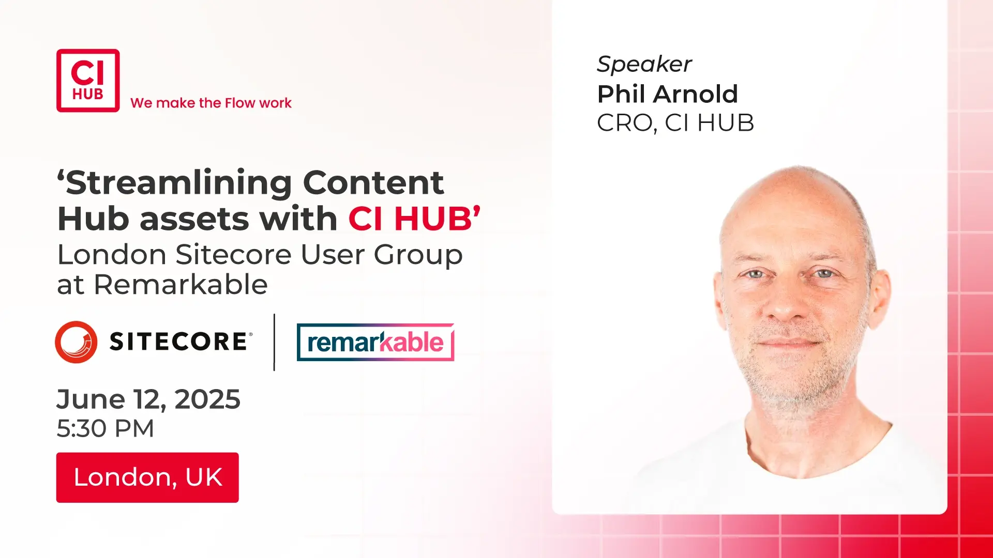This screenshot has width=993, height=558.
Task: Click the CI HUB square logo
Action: coord(88,81)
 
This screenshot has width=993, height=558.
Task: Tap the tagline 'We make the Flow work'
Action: coord(211,103)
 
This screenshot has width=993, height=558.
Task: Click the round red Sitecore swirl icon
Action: coord(76,342)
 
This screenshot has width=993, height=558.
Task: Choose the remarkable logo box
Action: coord(375,342)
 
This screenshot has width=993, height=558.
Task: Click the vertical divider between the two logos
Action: coord(274,342)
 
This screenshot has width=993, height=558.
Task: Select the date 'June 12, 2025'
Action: coord(148,399)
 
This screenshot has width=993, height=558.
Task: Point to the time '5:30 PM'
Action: coord(106,428)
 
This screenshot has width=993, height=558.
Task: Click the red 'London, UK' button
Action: coord(147,477)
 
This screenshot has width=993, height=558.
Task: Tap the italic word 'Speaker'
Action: coord(644,65)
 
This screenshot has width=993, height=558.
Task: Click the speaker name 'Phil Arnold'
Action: coord(667,94)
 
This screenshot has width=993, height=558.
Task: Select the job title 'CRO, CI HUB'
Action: coord(675,123)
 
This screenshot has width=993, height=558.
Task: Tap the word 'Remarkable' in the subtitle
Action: coord(180,285)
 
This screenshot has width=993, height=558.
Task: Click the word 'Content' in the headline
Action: coord(373,182)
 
